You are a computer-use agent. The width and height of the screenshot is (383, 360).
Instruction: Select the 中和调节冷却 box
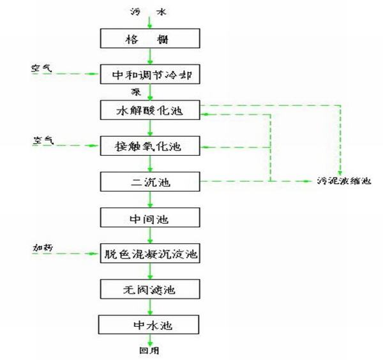click(150, 74)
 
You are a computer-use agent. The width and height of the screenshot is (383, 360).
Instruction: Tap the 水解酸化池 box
click(150, 110)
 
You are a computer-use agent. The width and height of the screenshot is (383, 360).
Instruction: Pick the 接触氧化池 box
click(150, 146)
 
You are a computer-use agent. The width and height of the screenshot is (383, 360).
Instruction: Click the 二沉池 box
click(150, 183)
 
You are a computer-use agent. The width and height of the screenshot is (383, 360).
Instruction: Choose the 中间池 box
click(150, 218)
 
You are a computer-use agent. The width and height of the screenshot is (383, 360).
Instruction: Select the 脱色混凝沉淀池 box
click(150, 254)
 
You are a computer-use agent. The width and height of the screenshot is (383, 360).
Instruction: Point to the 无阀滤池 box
click(150, 290)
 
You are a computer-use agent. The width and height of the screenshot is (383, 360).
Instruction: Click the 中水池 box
click(150, 326)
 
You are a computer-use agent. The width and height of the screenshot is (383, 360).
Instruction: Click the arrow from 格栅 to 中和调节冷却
click(150, 56)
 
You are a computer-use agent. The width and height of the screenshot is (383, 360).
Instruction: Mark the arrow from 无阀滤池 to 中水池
click(150, 308)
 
